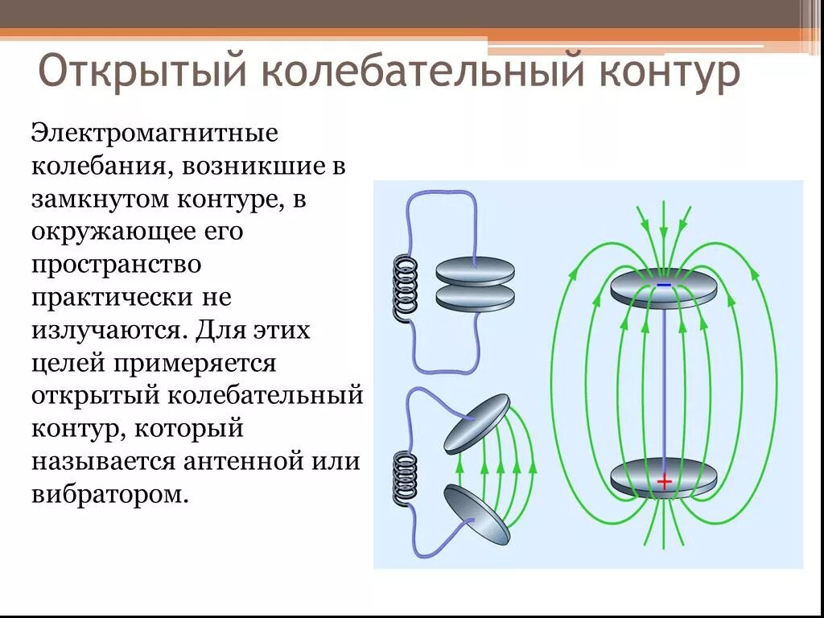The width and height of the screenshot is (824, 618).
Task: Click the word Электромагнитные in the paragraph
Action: [154, 132]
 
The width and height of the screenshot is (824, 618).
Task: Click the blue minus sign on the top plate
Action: [663, 285]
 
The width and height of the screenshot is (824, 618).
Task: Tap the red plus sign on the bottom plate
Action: [664, 482]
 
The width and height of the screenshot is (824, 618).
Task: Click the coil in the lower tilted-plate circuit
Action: [406, 478]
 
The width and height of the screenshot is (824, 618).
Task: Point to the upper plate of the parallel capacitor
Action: [475, 270]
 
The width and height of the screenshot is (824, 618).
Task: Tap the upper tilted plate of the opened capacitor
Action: [476, 423]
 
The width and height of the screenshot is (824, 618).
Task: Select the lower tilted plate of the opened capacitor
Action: [476, 513]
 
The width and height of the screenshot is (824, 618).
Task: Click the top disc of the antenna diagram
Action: [663, 290]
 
